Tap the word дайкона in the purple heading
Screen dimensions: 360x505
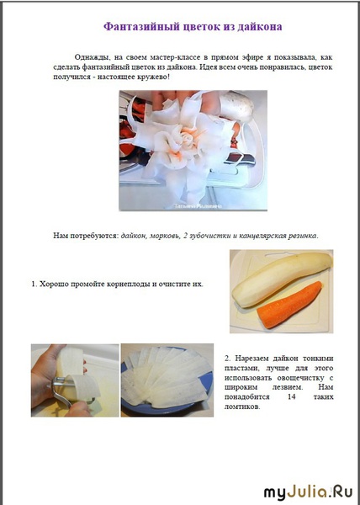click(259, 26)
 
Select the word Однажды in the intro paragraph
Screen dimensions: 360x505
click(91, 57)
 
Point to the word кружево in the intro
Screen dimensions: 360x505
click(151, 77)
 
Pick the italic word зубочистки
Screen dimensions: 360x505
click(209, 236)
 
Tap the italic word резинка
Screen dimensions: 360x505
click(303, 236)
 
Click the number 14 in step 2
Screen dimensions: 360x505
click(292, 396)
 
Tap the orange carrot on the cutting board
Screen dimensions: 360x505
click(289, 305)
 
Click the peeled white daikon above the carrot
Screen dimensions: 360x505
click(282, 279)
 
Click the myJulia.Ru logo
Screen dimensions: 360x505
click(308, 492)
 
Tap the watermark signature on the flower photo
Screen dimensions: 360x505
click(199, 206)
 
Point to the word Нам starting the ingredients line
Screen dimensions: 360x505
click(61, 236)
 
